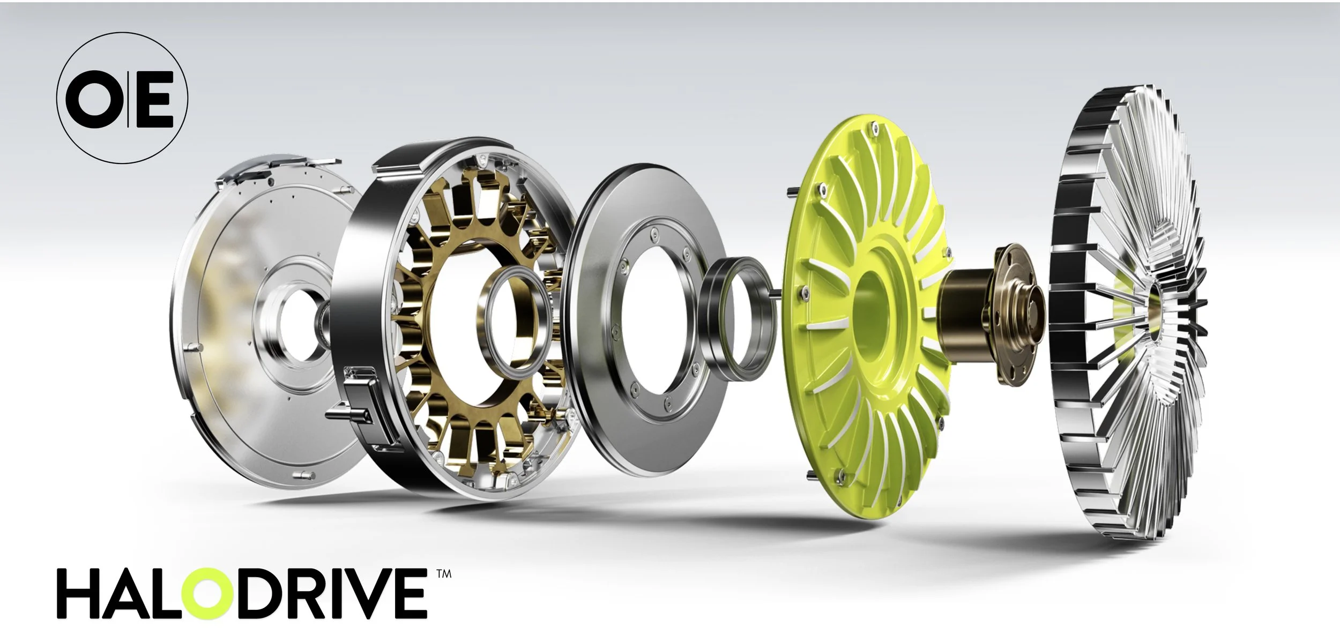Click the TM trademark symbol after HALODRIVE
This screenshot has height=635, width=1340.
[x=444, y=574]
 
